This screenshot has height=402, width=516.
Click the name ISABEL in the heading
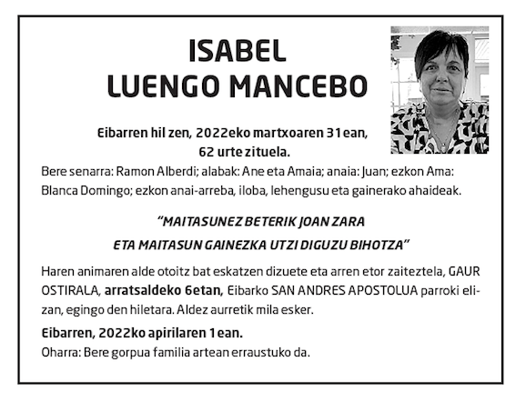(238, 51)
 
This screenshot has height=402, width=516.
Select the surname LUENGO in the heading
(162, 86)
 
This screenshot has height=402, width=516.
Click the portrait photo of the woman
(440, 90)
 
